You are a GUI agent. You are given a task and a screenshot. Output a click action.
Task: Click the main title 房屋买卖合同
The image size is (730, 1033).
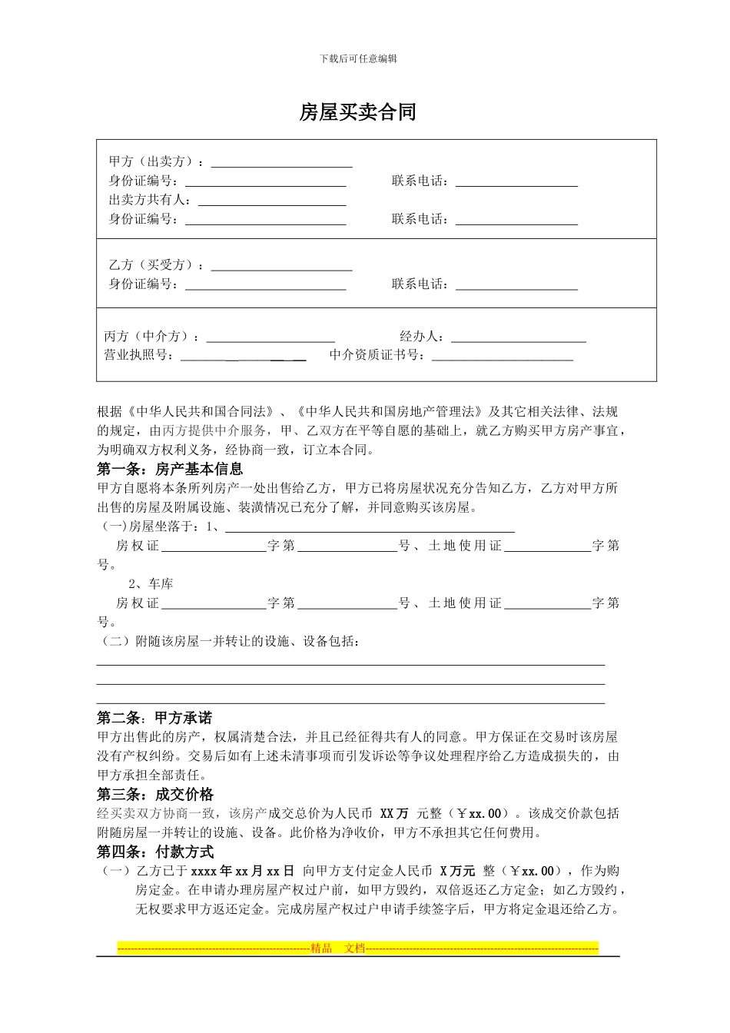[357, 112]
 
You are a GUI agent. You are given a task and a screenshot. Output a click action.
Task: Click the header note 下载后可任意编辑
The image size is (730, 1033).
[358, 58]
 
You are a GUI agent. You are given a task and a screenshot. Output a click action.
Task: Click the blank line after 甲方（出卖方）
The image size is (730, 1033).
[281, 163]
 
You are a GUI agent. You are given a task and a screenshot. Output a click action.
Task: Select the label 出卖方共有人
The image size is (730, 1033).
[151, 200]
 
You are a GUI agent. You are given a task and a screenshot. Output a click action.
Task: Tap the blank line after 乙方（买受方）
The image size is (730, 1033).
[281, 266]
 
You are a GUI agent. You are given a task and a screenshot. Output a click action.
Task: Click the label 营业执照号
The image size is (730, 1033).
[138, 355]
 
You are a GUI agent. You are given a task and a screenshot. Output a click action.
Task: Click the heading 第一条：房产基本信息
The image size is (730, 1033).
[170, 469]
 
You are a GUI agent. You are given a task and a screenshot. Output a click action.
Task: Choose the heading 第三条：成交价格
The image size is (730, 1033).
[155, 795]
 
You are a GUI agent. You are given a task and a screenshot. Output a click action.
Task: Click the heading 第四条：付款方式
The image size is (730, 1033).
[155, 852]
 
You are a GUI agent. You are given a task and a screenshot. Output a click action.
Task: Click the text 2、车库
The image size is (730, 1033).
[151, 584]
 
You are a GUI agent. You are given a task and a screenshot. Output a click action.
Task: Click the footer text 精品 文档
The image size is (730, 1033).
[338, 948]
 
